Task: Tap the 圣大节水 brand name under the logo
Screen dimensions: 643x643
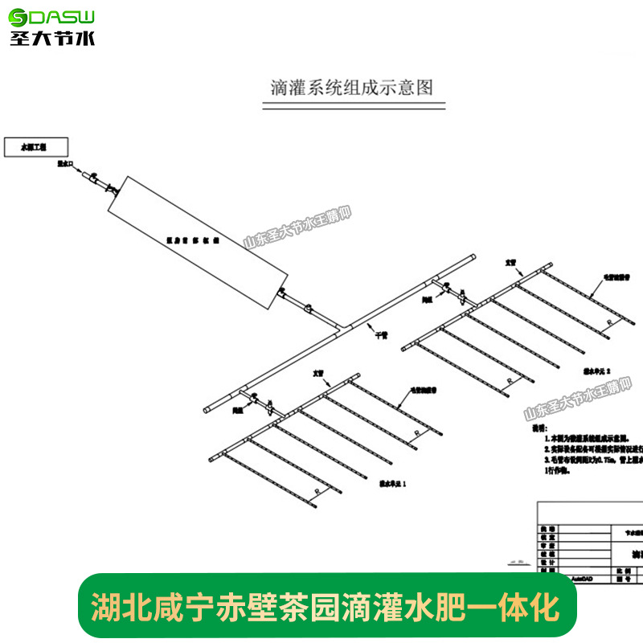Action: (52, 37)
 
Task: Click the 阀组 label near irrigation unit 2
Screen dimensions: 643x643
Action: (428, 297)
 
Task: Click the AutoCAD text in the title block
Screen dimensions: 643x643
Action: (559, 577)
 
